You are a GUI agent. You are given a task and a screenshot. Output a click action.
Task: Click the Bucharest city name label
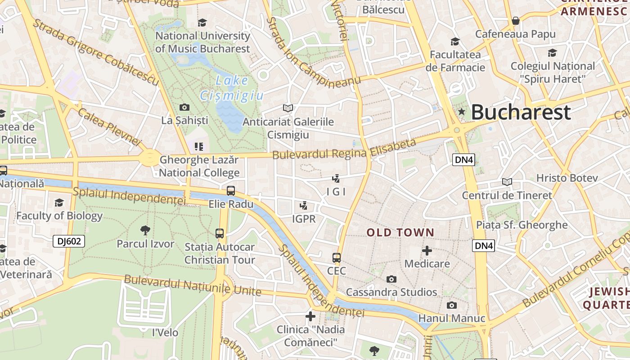coord(521,112)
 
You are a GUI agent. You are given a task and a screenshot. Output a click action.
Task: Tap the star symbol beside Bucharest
coord(461,111)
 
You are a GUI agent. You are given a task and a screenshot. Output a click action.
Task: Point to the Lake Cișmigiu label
coord(231,88)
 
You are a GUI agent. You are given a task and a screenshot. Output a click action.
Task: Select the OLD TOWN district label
coord(400,233)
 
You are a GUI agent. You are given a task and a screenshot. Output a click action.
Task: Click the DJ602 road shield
coord(69,241)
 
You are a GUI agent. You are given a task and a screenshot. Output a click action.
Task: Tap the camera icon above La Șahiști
coord(184,107)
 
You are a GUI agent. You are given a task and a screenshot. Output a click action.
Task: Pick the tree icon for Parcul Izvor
coord(145,230)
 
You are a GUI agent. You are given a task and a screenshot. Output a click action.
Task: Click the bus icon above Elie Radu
coord(231,191)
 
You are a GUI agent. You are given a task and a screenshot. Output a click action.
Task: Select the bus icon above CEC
coord(337,258)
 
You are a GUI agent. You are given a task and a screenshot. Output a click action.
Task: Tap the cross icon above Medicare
coord(427,250)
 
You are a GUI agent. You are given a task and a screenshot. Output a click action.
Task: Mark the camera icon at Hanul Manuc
coord(452,305)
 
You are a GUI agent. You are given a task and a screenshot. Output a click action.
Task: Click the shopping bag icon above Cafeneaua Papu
coord(516,21)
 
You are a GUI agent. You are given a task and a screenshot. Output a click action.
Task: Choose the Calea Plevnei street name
coord(110,127)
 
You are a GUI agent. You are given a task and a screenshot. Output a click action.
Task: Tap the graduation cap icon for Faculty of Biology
coord(59,202)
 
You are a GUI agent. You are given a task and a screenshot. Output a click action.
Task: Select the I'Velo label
coord(165,333)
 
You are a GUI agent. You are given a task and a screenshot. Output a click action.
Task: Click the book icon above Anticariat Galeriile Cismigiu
coord(288,108)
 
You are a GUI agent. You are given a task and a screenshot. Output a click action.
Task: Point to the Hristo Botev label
coord(567,178)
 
